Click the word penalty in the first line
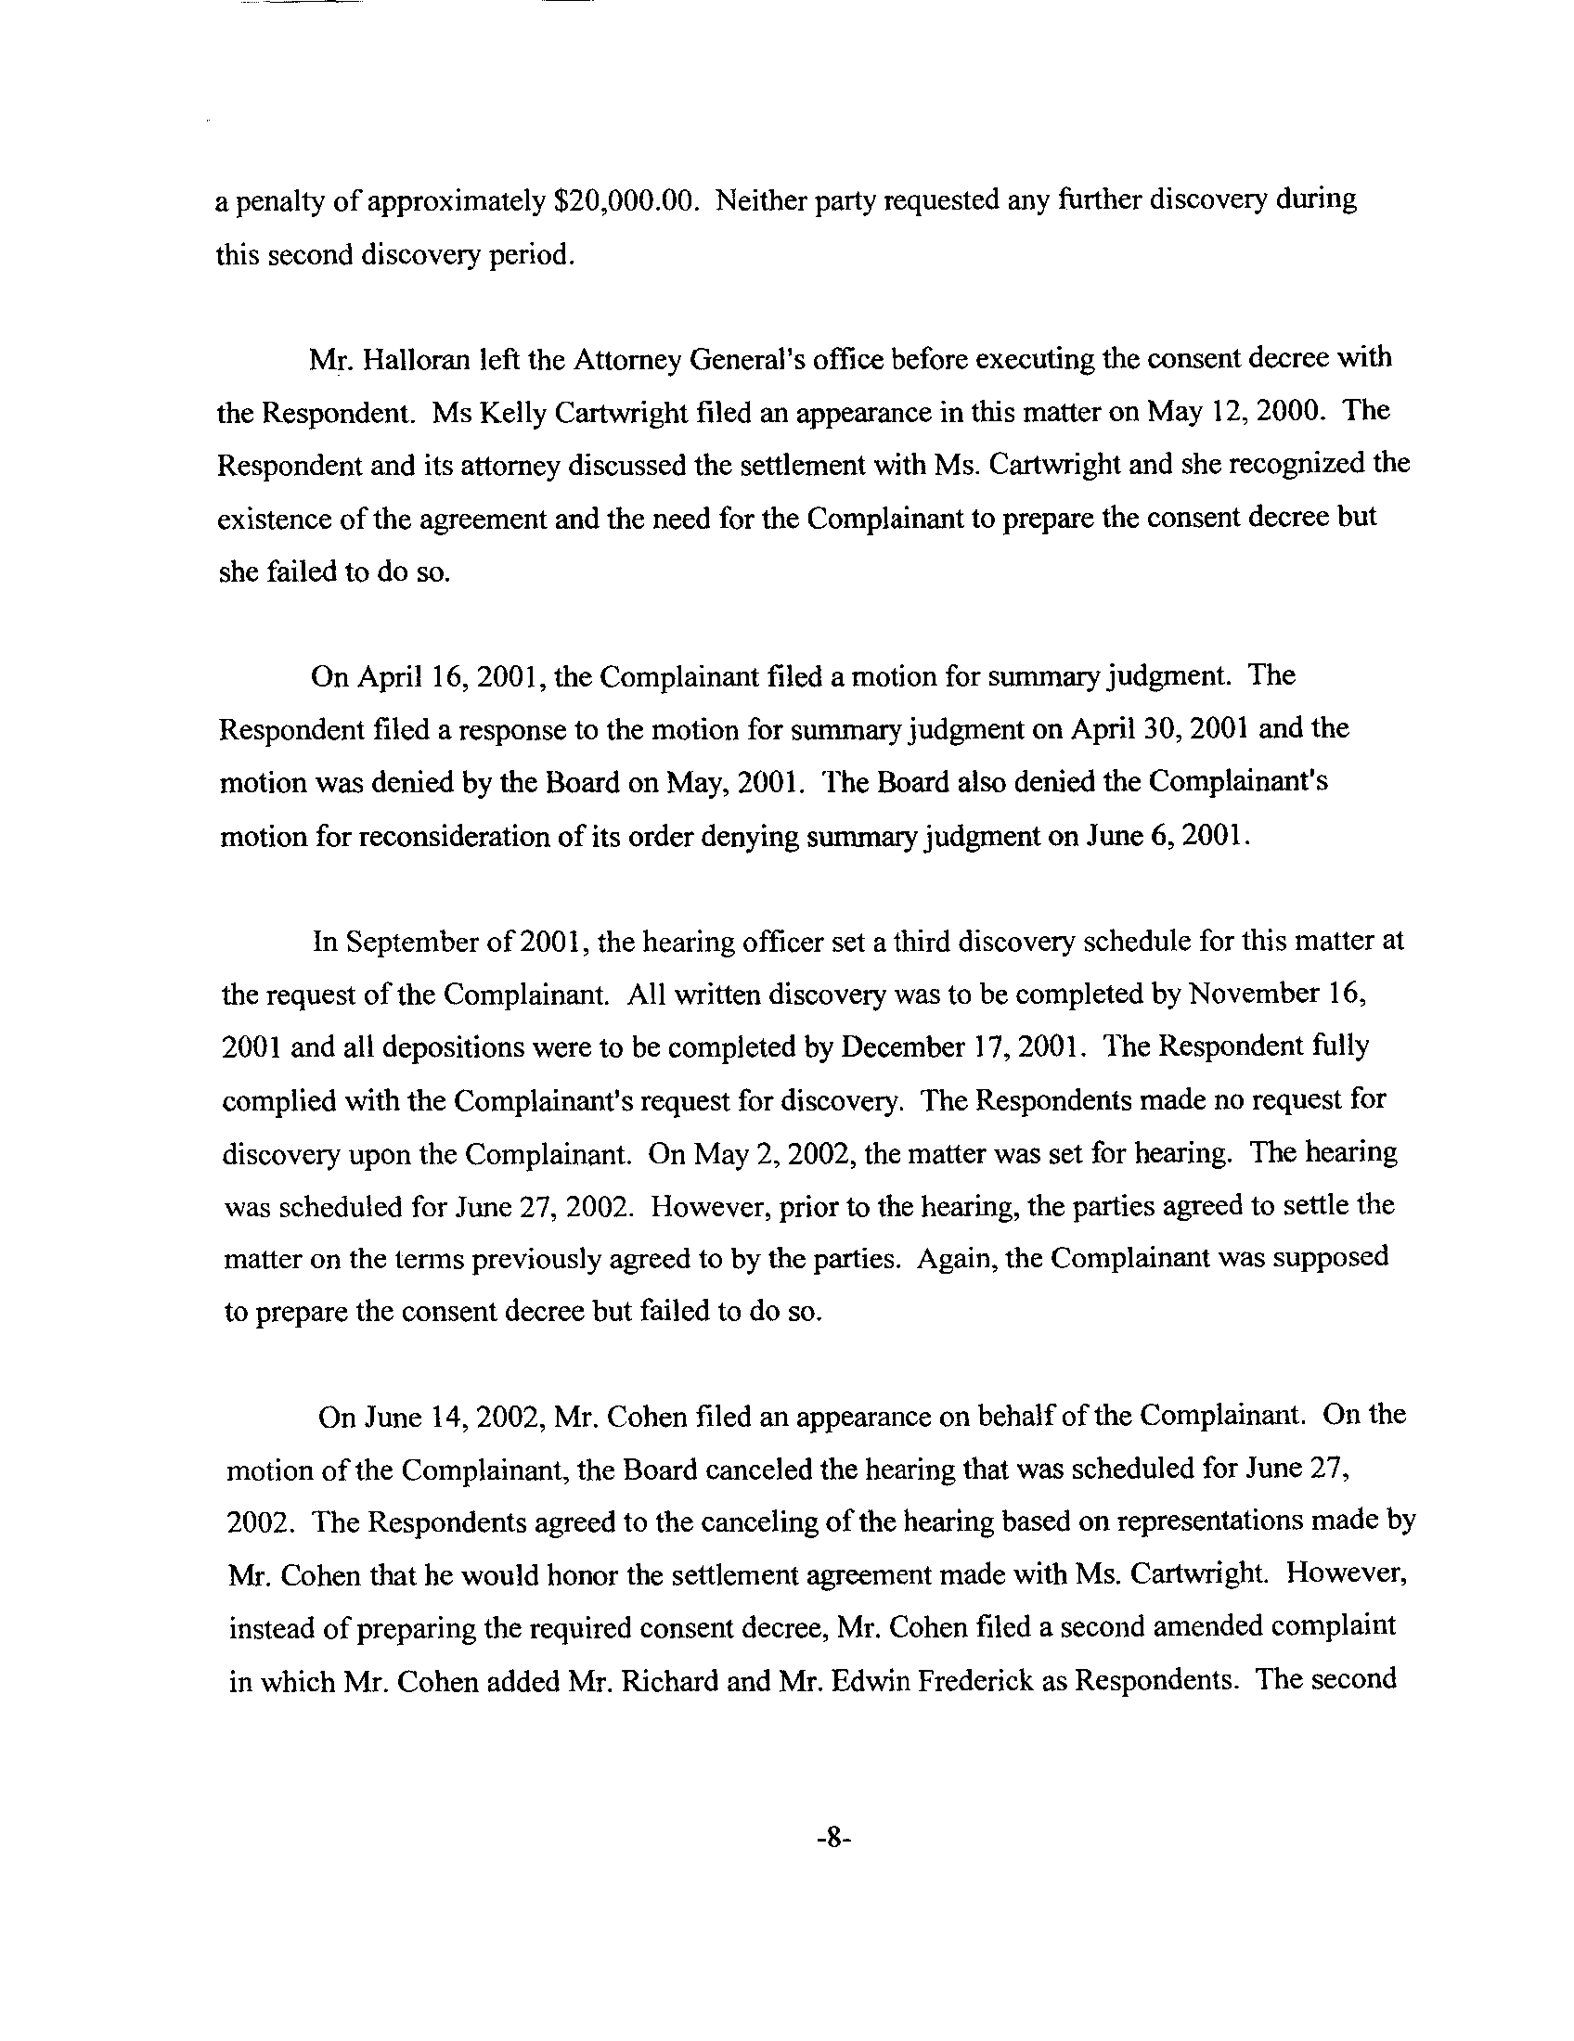[277, 202]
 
